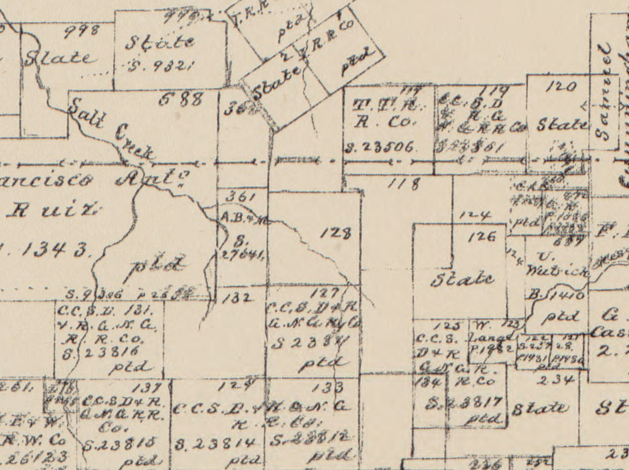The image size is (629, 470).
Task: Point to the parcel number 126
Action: [x=481, y=237]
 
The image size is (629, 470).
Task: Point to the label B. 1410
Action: [x=557, y=296]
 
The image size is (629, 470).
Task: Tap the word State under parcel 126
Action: [x=463, y=279]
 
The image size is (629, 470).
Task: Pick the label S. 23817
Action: [x=464, y=403]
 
